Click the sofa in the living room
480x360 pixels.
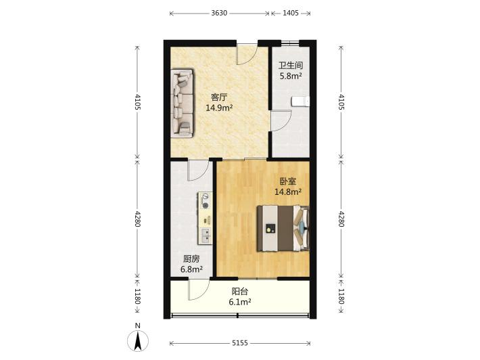point(182,104)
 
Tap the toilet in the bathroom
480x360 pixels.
point(300,102)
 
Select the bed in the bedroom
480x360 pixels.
point(283,228)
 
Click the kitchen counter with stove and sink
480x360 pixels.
point(205,218)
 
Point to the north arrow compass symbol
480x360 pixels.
point(138,340)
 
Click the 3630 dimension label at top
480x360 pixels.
point(219,13)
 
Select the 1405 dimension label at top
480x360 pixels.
point(291,13)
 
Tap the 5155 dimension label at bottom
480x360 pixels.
point(240,343)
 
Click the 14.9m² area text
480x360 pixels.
point(219,108)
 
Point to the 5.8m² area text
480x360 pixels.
point(291,76)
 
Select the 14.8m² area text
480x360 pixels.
point(288,192)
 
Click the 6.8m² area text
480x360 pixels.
point(191,269)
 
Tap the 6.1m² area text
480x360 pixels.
point(240,302)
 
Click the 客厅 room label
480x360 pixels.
point(219,97)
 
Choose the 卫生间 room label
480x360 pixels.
point(291,66)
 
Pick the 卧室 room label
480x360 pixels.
point(288,181)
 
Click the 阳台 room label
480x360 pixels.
point(240,292)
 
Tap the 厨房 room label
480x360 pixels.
point(191,259)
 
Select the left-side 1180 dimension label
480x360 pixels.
point(137,296)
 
